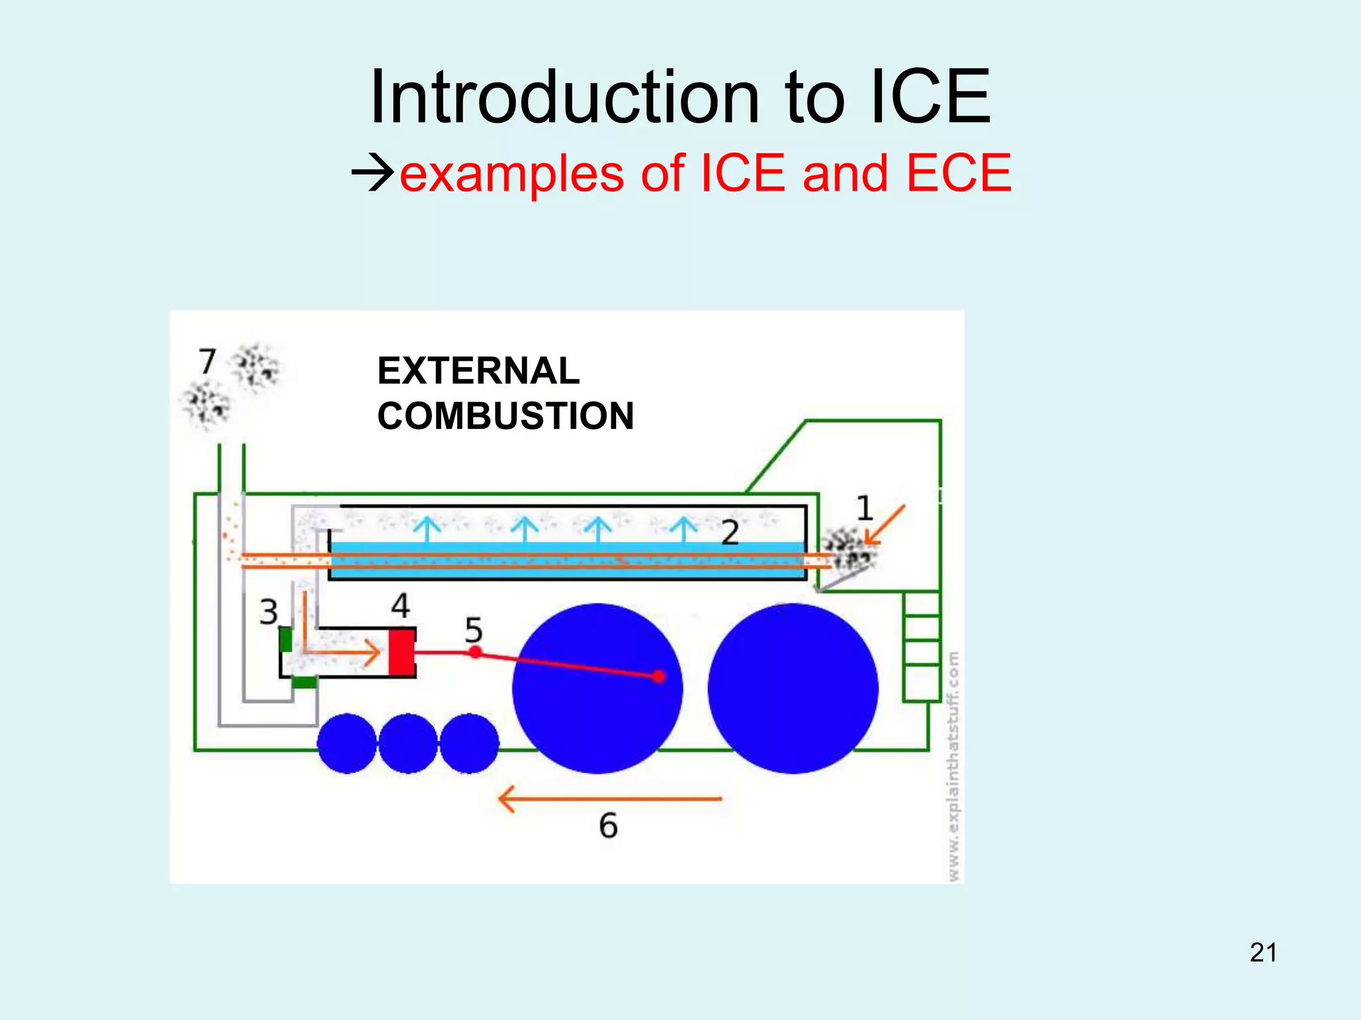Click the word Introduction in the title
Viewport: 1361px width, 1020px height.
pyautogui.click(x=564, y=98)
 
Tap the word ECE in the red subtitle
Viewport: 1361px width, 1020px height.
pyautogui.click(x=958, y=173)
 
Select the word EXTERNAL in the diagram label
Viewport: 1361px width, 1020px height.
pyautogui.click(x=478, y=371)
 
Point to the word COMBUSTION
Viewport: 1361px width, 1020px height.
pyautogui.click(x=505, y=416)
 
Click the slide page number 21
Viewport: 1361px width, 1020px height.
pyautogui.click(x=1263, y=953)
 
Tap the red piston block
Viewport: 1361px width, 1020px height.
pyautogui.click(x=401, y=652)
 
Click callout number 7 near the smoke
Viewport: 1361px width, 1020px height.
pyautogui.click(x=207, y=362)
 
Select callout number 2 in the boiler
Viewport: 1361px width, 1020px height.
pyautogui.click(x=730, y=533)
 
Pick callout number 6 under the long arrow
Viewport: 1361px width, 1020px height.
pyautogui.click(x=608, y=825)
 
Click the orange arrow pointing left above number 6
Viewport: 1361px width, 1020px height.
pyautogui.click(x=609, y=798)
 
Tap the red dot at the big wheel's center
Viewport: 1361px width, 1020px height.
pyautogui.click(x=659, y=676)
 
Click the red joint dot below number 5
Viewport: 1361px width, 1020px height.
pyautogui.click(x=475, y=652)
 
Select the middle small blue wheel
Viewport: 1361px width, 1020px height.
pyautogui.click(x=408, y=743)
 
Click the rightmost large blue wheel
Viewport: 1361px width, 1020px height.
pyautogui.click(x=792, y=688)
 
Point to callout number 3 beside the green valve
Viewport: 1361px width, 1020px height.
pyautogui.click(x=268, y=612)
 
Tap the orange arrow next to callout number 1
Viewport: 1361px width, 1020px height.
pyautogui.click(x=886, y=525)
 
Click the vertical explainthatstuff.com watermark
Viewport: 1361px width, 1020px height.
pyautogui.click(x=954, y=767)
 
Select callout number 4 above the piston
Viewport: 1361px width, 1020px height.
pyautogui.click(x=400, y=605)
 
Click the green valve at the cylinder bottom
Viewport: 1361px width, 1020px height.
pyautogui.click(x=304, y=682)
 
